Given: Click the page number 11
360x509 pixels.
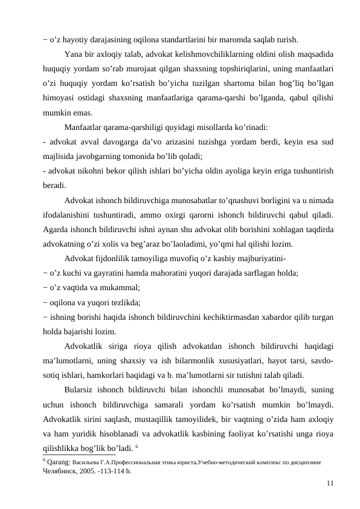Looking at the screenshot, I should click(x=329, y=482).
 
